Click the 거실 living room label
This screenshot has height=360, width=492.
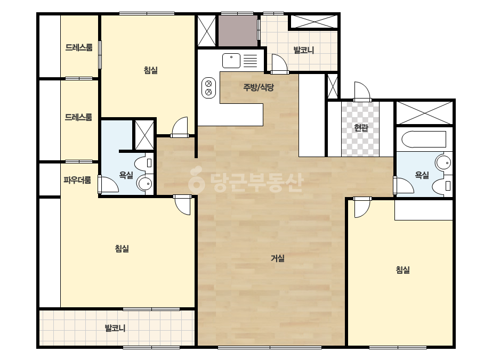coord(278,258)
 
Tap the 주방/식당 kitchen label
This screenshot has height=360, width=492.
coord(259,87)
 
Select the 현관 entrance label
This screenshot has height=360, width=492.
coord(361,128)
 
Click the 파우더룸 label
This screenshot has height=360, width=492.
coord(77,180)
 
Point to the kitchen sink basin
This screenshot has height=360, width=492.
coord(231,61)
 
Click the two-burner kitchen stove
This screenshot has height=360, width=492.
coord(208,87)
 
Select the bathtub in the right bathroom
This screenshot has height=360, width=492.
coord(424,139)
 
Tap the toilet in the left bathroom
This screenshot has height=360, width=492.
coord(144,163)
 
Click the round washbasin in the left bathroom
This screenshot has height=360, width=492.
coord(145,184)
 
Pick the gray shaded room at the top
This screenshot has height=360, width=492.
coord(238,31)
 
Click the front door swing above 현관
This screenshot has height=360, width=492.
coord(362,92)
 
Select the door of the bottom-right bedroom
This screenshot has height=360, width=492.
coord(362,207)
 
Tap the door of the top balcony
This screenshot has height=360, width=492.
coord(279,64)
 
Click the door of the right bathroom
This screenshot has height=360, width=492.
coord(404,186)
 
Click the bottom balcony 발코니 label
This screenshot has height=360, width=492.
coord(115,329)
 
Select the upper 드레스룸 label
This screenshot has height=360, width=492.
coord(79,47)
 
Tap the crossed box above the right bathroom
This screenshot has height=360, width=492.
coord(424,112)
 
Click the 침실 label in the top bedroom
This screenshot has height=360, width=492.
coord(151,70)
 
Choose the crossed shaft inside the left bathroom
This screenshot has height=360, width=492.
coord(144,135)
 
